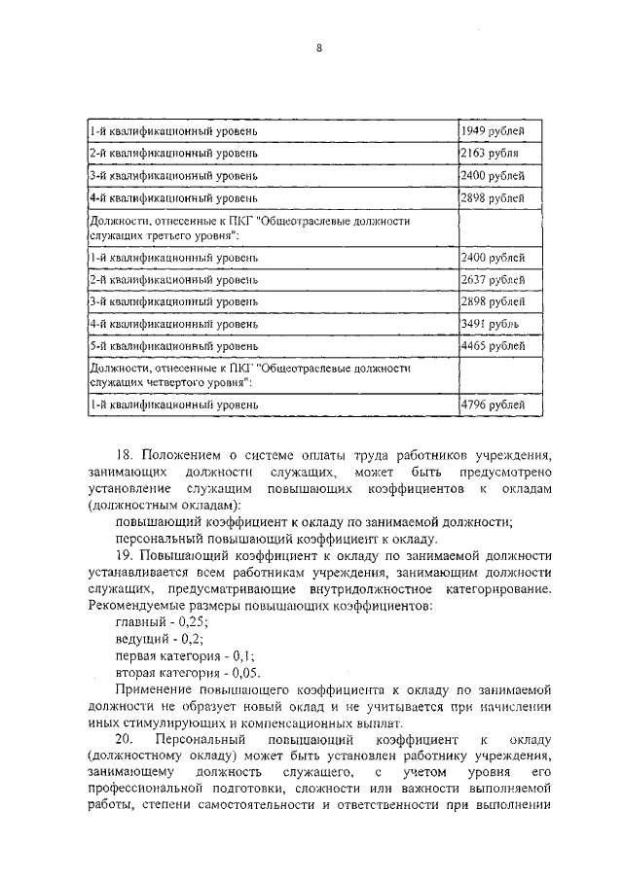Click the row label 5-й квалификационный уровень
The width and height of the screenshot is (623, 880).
173,344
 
